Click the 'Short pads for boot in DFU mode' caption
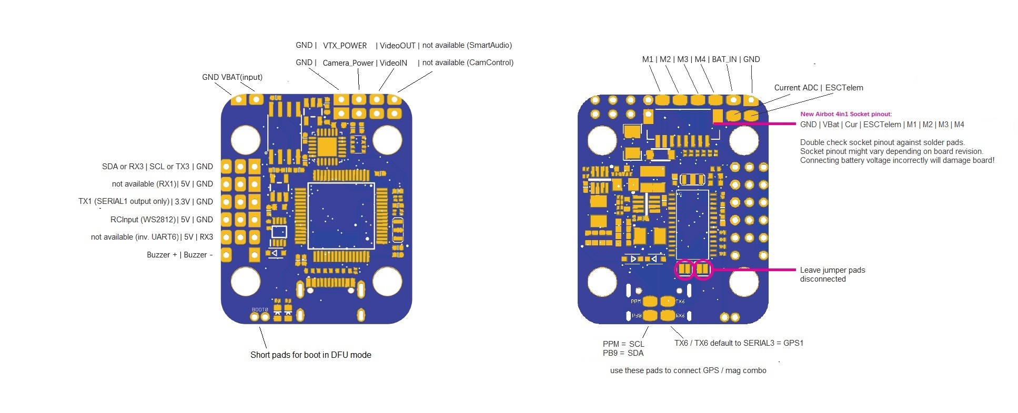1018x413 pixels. coord(310,355)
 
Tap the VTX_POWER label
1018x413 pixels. coord(345,46)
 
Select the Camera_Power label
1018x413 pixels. coord(348,63)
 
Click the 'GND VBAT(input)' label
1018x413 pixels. coord(232,77)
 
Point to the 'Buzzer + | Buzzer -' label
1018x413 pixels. coord(179,255)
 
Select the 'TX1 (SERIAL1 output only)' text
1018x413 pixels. coord(124,201)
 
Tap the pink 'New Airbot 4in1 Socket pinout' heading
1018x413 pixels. coord(846,114)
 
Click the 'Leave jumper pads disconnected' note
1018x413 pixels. coord(832,274)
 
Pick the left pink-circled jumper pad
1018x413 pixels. coord(684,269)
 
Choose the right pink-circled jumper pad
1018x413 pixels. coord(703,269)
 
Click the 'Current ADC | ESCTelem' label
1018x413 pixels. coord(818,88)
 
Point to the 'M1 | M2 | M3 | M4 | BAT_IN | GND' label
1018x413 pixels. coord(701,59)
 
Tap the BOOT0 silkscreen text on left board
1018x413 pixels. coord(260,309)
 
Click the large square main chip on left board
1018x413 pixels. coord(341,215)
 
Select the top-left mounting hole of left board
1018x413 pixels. coord(246,140)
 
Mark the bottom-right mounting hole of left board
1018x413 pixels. coord(387,281)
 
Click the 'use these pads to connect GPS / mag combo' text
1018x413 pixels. coord(688,370)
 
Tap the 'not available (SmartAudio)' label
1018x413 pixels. coord(467,45)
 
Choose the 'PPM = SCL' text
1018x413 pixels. coord(623,344)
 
